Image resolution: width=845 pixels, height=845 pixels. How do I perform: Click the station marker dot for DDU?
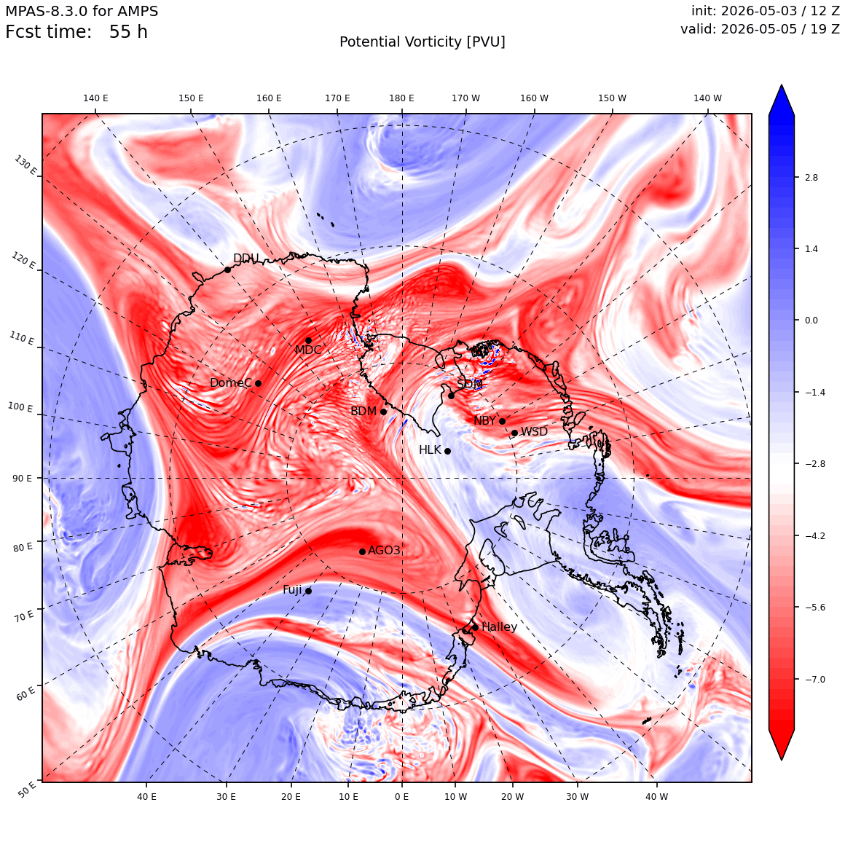[x=227, y=270]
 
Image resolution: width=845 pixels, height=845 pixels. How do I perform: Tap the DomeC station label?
[x=231, y=382]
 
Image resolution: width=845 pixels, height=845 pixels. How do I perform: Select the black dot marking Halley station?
[x=475, y=627]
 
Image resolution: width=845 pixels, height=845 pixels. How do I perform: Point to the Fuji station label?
[x=293, y=590]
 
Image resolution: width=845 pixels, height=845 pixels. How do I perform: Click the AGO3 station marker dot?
[x=362, y=551]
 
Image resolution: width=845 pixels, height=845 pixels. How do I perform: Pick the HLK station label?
[x=430, y=449]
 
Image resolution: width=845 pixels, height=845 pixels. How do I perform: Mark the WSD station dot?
[x=515, y=433]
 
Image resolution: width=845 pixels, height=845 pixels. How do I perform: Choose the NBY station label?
[x=484, y=420]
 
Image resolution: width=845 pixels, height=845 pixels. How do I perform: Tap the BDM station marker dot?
[x=384, y=412]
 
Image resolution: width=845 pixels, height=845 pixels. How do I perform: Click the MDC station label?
[x=308, y=350]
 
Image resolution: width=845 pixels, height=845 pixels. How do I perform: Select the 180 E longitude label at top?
[x=401, y=98]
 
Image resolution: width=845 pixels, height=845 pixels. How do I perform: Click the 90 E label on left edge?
[x=22, y=478]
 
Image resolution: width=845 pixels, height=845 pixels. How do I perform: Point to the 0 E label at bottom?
[x=401, y=796]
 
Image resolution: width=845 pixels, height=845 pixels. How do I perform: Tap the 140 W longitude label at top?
[x=707, y=98]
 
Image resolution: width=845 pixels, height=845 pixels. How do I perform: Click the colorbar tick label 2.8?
[x=811, y=177]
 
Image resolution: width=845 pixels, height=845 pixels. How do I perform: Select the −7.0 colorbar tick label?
[x=815, y=679]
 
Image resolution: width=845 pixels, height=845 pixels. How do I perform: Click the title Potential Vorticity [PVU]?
[x=422, y=42]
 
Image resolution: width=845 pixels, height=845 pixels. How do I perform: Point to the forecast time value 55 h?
[x=128, y=32]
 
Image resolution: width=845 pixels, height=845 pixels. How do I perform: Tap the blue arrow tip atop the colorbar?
[x=782, y=85]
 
